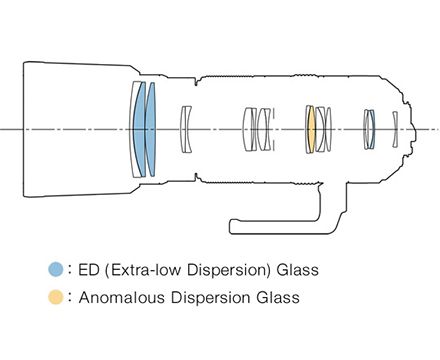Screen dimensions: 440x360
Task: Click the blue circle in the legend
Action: click(56, 269)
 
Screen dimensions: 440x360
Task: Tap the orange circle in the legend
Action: click(56, 297)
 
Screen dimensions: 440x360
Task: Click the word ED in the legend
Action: click(89, 270)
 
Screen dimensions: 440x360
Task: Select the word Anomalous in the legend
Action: click(122, 297)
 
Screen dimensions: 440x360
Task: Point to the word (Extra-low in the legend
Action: click(143, 270)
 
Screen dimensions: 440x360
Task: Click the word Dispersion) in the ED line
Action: click(229, 270)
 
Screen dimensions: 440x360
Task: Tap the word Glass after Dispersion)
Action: click(297, 270)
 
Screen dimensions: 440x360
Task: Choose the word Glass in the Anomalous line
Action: click(278, 297)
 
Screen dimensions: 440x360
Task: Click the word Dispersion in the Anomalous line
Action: click(210, 298)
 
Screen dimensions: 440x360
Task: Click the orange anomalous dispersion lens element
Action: click(311, 129)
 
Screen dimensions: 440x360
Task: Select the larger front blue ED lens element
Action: click(139, 129)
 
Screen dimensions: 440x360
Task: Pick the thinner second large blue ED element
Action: click(151, 129)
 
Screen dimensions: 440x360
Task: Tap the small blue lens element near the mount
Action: click(373, 129)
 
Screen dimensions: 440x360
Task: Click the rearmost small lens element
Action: click(395, 129)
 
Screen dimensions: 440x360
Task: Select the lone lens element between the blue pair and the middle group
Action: click(185, 129)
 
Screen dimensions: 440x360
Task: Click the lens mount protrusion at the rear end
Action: click(413, 130)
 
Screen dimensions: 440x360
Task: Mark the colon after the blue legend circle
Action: click(70, 269)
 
